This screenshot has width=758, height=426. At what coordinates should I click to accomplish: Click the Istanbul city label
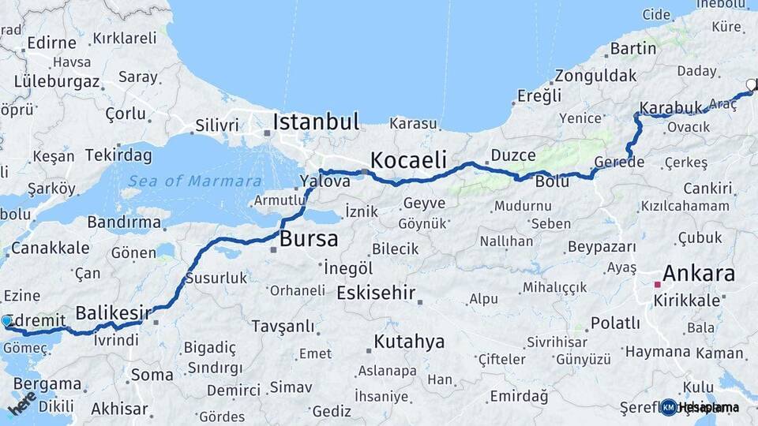point(316,121)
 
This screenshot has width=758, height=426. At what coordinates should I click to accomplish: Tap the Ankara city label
point(699,275)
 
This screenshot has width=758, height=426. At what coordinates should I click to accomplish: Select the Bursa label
point(309,238)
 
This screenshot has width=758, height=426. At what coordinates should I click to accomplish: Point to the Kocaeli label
point(408,159)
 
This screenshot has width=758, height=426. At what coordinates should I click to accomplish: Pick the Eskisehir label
point(376,293)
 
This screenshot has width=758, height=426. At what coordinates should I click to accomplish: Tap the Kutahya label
point(409,342)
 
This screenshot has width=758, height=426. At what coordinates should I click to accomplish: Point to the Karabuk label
point(670,108)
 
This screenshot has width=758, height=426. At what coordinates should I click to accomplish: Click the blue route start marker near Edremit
point(7,321)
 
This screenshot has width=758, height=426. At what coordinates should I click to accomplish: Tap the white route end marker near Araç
point(751,84)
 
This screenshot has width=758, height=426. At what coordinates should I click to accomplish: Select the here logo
point(22,402)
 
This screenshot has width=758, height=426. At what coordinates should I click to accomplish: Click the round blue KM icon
point(669,407)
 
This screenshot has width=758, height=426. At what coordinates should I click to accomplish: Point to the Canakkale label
point(50,248)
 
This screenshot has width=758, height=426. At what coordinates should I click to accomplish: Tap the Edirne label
point(51,43)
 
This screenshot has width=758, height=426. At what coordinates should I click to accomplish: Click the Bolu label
point(552,181)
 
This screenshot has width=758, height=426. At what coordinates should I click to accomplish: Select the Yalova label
point(325,181)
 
